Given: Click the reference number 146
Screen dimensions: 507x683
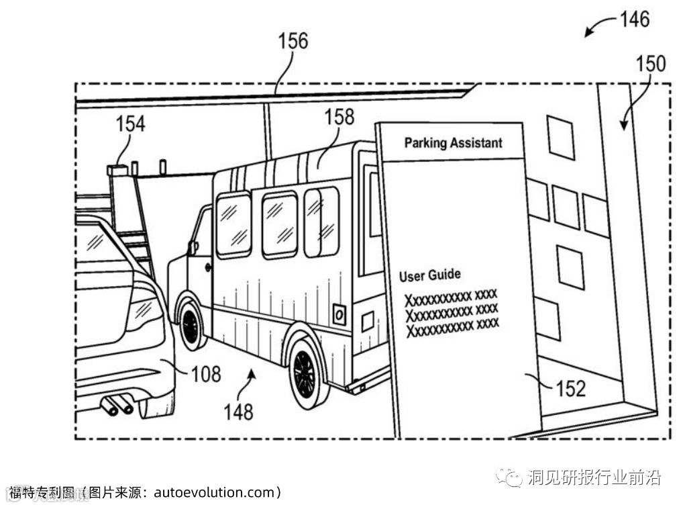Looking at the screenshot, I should point(634,19).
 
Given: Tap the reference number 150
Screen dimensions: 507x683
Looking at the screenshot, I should point(650,64).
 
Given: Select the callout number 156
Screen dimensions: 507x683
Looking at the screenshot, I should point(293,42).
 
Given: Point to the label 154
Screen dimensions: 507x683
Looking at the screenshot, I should point(130,124).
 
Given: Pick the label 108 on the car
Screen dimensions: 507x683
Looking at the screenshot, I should point(206,373).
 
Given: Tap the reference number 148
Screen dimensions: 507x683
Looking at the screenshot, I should point(239,410).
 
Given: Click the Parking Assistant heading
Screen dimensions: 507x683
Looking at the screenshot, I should point(453,143).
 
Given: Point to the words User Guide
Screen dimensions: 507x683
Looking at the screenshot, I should point(429,275).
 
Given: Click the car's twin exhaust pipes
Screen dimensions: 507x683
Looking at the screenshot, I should point(117,405).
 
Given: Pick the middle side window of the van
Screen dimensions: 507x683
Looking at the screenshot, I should point(279,224).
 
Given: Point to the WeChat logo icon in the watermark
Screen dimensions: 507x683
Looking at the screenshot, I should point(514,478).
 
